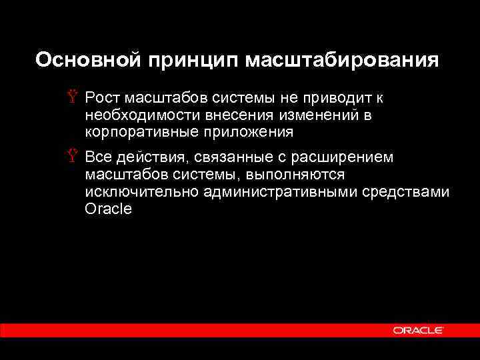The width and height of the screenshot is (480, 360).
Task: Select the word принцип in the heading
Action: click(x=189, y=61)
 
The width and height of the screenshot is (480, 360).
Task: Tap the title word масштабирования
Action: click(x=343, y=61)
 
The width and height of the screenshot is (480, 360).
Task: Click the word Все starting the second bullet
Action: click(x=99, y=158)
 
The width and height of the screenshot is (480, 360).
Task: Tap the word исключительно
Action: click(x=133, y=192)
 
